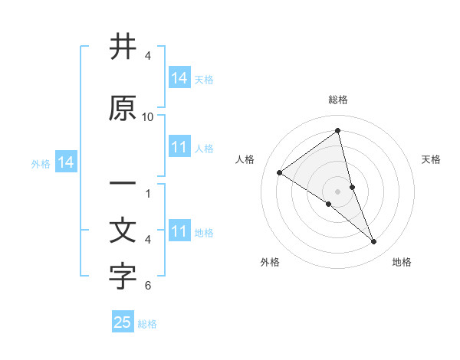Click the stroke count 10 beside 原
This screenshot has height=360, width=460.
pyautogui.click(x=148, y=117)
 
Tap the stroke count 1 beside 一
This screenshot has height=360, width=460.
pyautogui.click(x=148, y=194)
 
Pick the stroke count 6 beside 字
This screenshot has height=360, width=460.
pyautogui.click(x=148, y=286)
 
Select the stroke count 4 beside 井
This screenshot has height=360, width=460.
pyautogui.click(x=148, y=56)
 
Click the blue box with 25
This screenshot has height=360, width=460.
pyautogui.click(x=123, y=322)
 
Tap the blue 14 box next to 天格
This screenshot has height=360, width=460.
pyautogui.click(x=179, y=78)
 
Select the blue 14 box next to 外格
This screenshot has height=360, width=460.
pyautogui.click(x=66, y=162)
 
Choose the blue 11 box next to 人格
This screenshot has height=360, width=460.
pyautogui.click(x=179, y=147)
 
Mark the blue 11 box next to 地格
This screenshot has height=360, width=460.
pyautogui.click(x=179, y=231)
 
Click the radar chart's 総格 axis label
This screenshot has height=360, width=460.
pyautogui.click(x=338, y=100)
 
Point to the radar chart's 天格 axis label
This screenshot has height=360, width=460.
pyautogui.click(x=431, y=159)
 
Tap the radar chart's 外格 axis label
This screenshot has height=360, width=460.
pyautogui.click(x=270, y=262)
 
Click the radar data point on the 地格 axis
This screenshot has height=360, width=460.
pyautogui.click(x=373, y=242)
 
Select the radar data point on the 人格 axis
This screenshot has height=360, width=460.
pyautogui.click(x=279, y=172)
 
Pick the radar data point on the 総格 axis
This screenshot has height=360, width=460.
pyautogui.click(x=337, y=131)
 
